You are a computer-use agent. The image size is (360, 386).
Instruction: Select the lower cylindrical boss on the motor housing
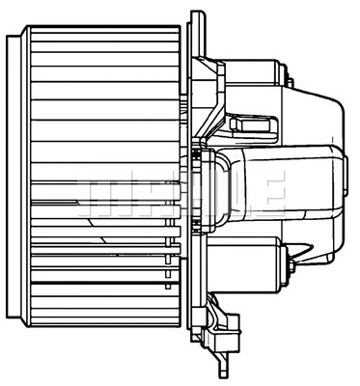click(x=246, y=257)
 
